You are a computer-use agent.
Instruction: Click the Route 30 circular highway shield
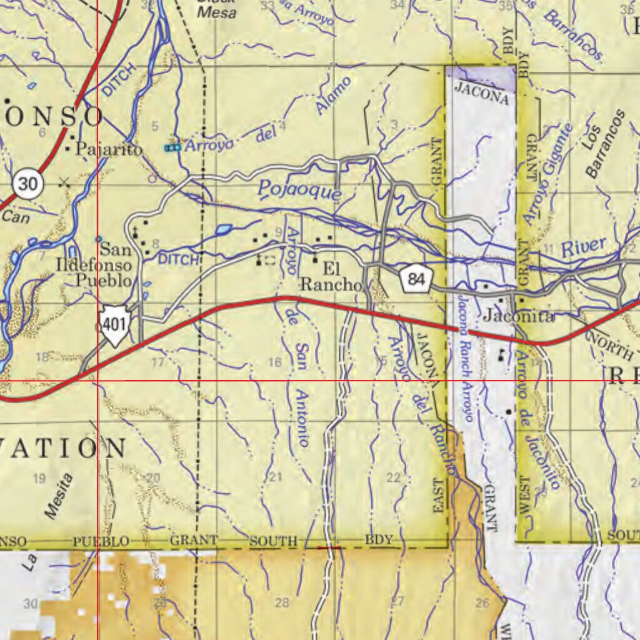(x=27, y=184)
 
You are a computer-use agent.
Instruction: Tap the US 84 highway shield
(x=416, y=278)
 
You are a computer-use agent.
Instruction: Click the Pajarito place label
(x=109, y=149)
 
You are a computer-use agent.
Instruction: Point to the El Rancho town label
(x=332, y=277)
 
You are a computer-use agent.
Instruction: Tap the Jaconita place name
(x=518, y=317)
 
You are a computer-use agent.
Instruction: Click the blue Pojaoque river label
(x=300, y=189)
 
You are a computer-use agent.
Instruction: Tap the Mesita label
(x=59, y=496)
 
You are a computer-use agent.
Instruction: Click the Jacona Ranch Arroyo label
(x=467, y=350)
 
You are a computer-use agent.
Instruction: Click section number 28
(x=282, y=602)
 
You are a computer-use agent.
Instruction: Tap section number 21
(x=276, y=477)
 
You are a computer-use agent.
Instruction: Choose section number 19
(x=39, y=479)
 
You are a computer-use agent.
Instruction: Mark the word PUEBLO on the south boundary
(x=101, y=541)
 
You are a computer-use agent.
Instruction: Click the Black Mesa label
(x=216, y=9)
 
